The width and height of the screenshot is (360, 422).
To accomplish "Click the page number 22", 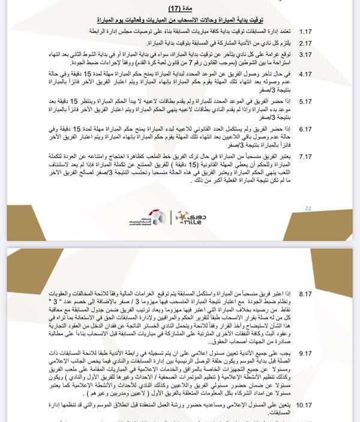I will tap(308, 209).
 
